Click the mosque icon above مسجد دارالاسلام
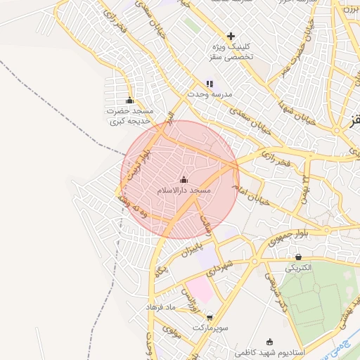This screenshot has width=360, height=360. (x=184, y=180)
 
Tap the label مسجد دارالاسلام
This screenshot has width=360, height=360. (x=185, y=191)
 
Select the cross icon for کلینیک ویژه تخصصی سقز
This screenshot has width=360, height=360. (x=231, y=36)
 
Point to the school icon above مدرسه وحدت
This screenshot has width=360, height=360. (x=210, y=84)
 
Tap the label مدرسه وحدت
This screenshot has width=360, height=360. (x=214, y=94)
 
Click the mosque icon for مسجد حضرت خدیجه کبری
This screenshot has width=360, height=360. (x=129, y=101)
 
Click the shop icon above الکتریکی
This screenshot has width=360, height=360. (x=299, y=257)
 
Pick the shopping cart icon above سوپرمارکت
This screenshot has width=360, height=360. (x=210, y=318)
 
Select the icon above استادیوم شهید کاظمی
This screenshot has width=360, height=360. (x=269, y=341)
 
